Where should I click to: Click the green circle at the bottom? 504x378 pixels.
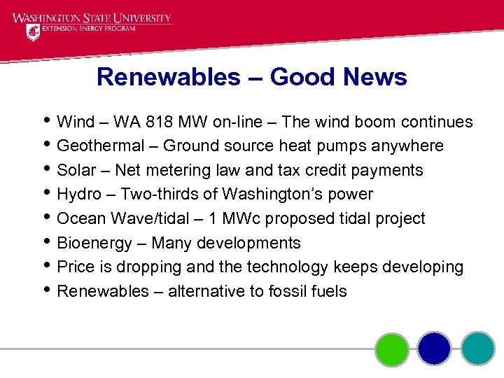tap(392, 349)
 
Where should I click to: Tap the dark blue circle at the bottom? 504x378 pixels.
tap(435, 349)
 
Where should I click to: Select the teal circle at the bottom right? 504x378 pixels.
tap(477, 349)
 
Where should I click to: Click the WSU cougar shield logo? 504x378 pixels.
tap(33, 32)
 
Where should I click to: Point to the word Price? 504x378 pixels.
tap(76, 267)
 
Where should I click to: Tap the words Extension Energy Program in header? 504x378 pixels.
tap(87, 29)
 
